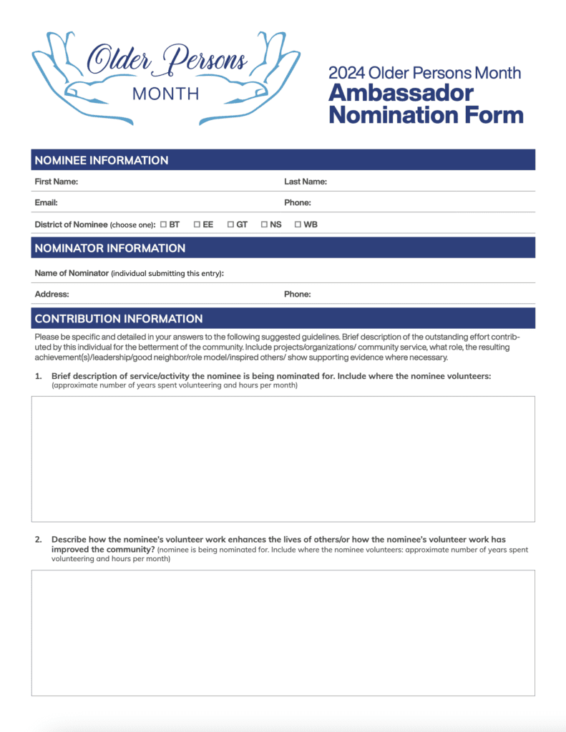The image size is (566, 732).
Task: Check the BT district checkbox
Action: pyautogui.click(x=163, y=224)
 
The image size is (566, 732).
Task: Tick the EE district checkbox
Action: pyautogui.click(x=197, y=224)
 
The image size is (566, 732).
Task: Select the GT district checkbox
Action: pyautogui.click(x=230, y=224)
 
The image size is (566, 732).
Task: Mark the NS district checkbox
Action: pyautogui.click(x=264, y=224)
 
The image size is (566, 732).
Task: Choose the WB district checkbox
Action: pyautogui.click(x=298, y=224)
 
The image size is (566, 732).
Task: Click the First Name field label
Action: pyautogui.click(x=57, y=182)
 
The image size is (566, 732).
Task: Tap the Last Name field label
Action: pyautogui.click(x=306, y=182)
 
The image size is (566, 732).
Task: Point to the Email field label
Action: pyautogui.click(x=46, y=202)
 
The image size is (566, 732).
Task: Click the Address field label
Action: pyautogui.click(x=52, y=294)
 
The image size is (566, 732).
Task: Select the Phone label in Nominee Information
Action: pyautogui.click(x=297, y=202)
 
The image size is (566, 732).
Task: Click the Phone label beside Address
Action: pyautogui.click(x=297, y=294)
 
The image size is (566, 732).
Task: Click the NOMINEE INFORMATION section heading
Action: pyautogui.click(x=102, y=160)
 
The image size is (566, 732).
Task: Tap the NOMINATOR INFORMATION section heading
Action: pyautogui.click(x=109, y=248)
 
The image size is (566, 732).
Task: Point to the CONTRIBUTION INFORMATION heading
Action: pyautogui.click(x=118, y=319)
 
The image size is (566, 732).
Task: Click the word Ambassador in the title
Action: pyautogui.click(x=401, y=93)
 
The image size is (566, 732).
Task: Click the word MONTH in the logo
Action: pyautogui.click(x=166, y=94)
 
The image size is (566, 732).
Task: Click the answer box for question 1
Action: pyautogui.click(x=283, y=459)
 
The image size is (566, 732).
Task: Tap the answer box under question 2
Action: pyautogui.click(x=283, y=633)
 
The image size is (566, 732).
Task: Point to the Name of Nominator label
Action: pyautogui.click(x=72, y=273)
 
